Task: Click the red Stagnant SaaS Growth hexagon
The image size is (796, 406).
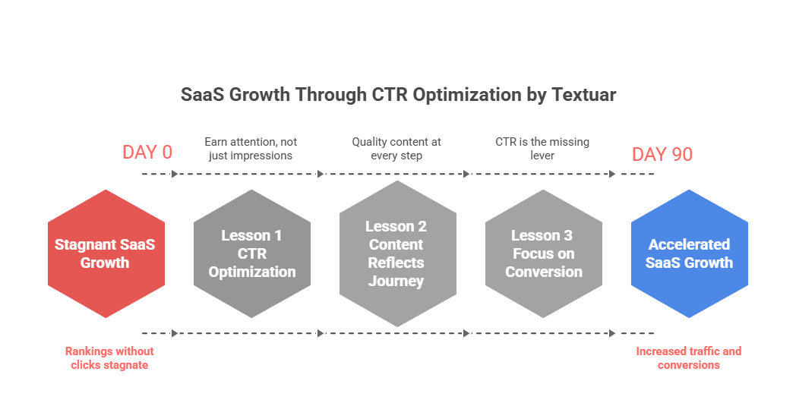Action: click(x=106, y=253)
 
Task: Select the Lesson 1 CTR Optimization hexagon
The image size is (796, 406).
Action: click(x=251, y=253)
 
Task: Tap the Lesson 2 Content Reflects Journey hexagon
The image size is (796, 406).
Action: click(x=397, y=253)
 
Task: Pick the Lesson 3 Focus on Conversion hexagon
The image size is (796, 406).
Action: click(x=543, y=253)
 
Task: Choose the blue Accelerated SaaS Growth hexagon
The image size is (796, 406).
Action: click(x=689, y=253)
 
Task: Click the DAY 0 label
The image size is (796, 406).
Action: click(x=147, y=153)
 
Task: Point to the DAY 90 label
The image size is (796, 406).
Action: click(x=662, y=154)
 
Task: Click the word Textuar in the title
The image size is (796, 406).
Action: click(x=584, y=95)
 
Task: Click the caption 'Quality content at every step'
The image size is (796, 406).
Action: click(x=396, y=148)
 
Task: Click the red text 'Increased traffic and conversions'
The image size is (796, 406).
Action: click(x=688, y=357)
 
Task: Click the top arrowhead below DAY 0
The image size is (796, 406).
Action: click(x=175, y=175)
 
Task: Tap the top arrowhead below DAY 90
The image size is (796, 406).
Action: click(x=611, y=175)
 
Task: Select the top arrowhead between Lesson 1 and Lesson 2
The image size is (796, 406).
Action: click(x=321, y=175)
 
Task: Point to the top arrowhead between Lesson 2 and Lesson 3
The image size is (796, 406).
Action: click(x=466, y=175)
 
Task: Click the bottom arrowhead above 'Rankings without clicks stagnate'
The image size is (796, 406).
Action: click(x=175, y=333)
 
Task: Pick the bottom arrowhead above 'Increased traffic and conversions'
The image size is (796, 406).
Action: click(x=611, y=333)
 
